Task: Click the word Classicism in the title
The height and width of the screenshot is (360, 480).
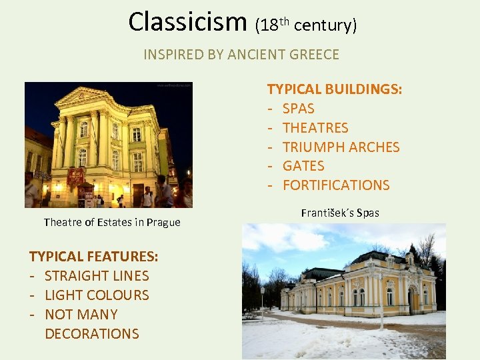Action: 189,22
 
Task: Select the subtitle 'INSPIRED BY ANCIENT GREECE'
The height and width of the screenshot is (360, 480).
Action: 241,55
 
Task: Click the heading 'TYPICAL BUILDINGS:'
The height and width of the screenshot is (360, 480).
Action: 334,89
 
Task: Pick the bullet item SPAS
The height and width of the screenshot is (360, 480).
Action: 298,109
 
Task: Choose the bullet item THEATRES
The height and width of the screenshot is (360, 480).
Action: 315,128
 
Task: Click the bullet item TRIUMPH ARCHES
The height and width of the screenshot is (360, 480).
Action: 341,147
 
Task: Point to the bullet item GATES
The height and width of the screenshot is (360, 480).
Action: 303,166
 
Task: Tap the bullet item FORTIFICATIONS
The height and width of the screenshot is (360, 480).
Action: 336,185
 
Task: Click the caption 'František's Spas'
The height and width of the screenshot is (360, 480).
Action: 340,213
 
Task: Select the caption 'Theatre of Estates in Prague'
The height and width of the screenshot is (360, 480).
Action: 112,223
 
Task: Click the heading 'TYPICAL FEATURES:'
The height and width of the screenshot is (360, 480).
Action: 93,257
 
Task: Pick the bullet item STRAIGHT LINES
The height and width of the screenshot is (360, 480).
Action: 97,276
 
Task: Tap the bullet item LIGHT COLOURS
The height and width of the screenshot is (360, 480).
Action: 97,295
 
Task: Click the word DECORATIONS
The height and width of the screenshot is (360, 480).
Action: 92,333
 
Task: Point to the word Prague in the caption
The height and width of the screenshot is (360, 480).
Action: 164,223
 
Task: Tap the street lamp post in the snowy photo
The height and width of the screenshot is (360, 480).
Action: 263,303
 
